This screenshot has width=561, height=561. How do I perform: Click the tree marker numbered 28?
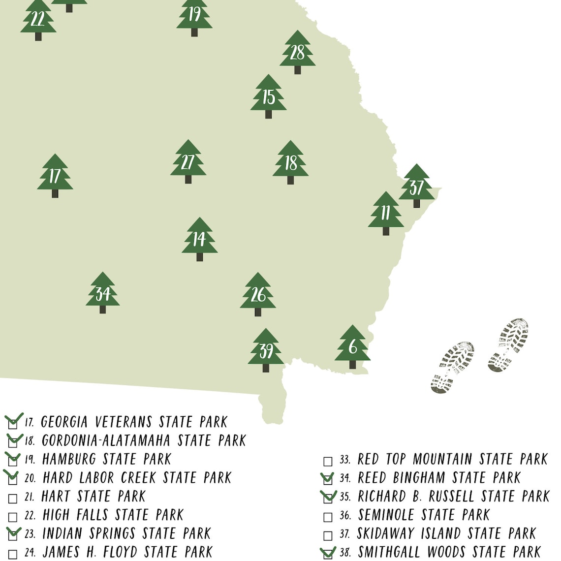[297, 52]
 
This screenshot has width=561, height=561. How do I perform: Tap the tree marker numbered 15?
[268, 96]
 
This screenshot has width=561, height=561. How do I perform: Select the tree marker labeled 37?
[416, 186]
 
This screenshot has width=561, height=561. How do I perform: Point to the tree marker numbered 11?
[386, 213]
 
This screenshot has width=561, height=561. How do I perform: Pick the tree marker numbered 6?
[352, 346]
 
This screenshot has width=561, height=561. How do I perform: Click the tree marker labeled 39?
[266, 350]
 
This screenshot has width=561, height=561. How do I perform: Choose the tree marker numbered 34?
[102, 293]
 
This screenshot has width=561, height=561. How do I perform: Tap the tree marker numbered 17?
[55, 176]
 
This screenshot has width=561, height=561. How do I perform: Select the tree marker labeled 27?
[188, 161]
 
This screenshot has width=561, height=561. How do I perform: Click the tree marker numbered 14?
[199, 239]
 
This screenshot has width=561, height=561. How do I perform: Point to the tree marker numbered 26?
[258, 294]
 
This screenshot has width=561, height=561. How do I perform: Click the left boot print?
[452, 367]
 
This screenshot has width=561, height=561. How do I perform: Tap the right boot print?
[509, 344]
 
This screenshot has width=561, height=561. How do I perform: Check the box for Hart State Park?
[13, 499]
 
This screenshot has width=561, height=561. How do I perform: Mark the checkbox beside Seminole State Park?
[328, 517]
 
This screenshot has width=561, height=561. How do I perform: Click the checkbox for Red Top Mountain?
[328, 461]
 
